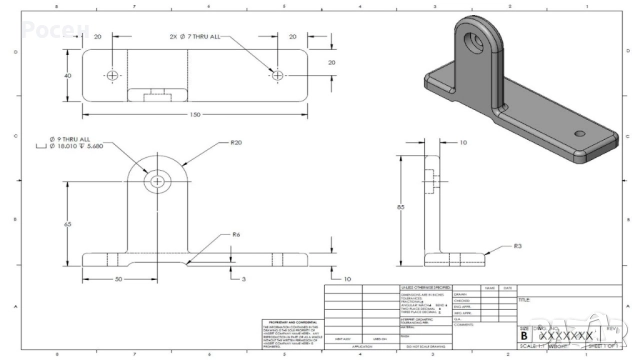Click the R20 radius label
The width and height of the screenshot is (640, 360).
click(236, 144)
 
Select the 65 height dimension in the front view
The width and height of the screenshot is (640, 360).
click(68, 224)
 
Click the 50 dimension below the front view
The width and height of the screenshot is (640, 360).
click(118, 279)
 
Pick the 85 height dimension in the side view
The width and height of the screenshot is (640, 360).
click(401, 207)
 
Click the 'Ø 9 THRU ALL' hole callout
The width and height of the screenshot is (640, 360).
click(70, 138)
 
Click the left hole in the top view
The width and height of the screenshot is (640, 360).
click(113, 75)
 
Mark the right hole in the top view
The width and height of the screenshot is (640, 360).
click(276, 75)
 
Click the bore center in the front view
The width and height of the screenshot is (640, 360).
click(157, 182)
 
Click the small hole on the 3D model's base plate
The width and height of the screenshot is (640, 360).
click(579, 133)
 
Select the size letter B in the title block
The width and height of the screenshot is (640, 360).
click(524, 337)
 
